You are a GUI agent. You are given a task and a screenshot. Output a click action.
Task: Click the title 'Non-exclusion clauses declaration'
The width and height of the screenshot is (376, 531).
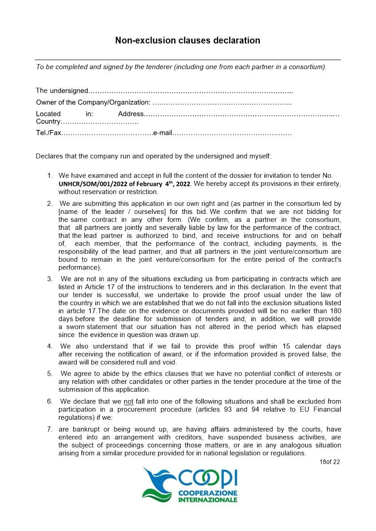point(188,40)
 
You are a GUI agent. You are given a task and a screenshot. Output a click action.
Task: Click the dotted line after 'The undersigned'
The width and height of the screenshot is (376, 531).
point(190,91)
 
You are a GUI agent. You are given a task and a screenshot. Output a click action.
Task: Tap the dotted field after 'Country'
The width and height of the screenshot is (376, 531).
point(99,122)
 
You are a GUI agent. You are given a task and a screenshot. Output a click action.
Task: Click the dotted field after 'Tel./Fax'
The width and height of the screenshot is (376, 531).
point(107,134)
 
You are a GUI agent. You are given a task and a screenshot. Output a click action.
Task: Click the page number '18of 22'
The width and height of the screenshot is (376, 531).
point(330,462)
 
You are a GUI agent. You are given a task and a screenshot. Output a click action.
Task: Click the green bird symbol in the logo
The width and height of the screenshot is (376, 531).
point(157,484)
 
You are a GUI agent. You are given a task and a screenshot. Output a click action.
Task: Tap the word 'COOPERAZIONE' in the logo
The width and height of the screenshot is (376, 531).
point(207,493)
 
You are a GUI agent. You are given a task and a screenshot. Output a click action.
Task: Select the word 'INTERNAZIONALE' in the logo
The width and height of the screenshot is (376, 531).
point(207,500)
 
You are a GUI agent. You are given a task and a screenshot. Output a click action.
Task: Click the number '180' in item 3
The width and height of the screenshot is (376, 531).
point(336,311)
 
